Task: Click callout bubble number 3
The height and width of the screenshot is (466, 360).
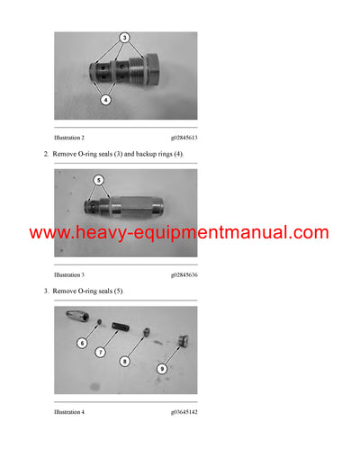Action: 125,38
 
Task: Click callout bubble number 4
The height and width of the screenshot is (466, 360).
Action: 105,101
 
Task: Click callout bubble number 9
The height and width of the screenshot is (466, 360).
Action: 163,367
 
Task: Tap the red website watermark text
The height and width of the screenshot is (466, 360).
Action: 179,233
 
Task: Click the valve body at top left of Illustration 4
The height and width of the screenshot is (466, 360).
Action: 77,318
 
